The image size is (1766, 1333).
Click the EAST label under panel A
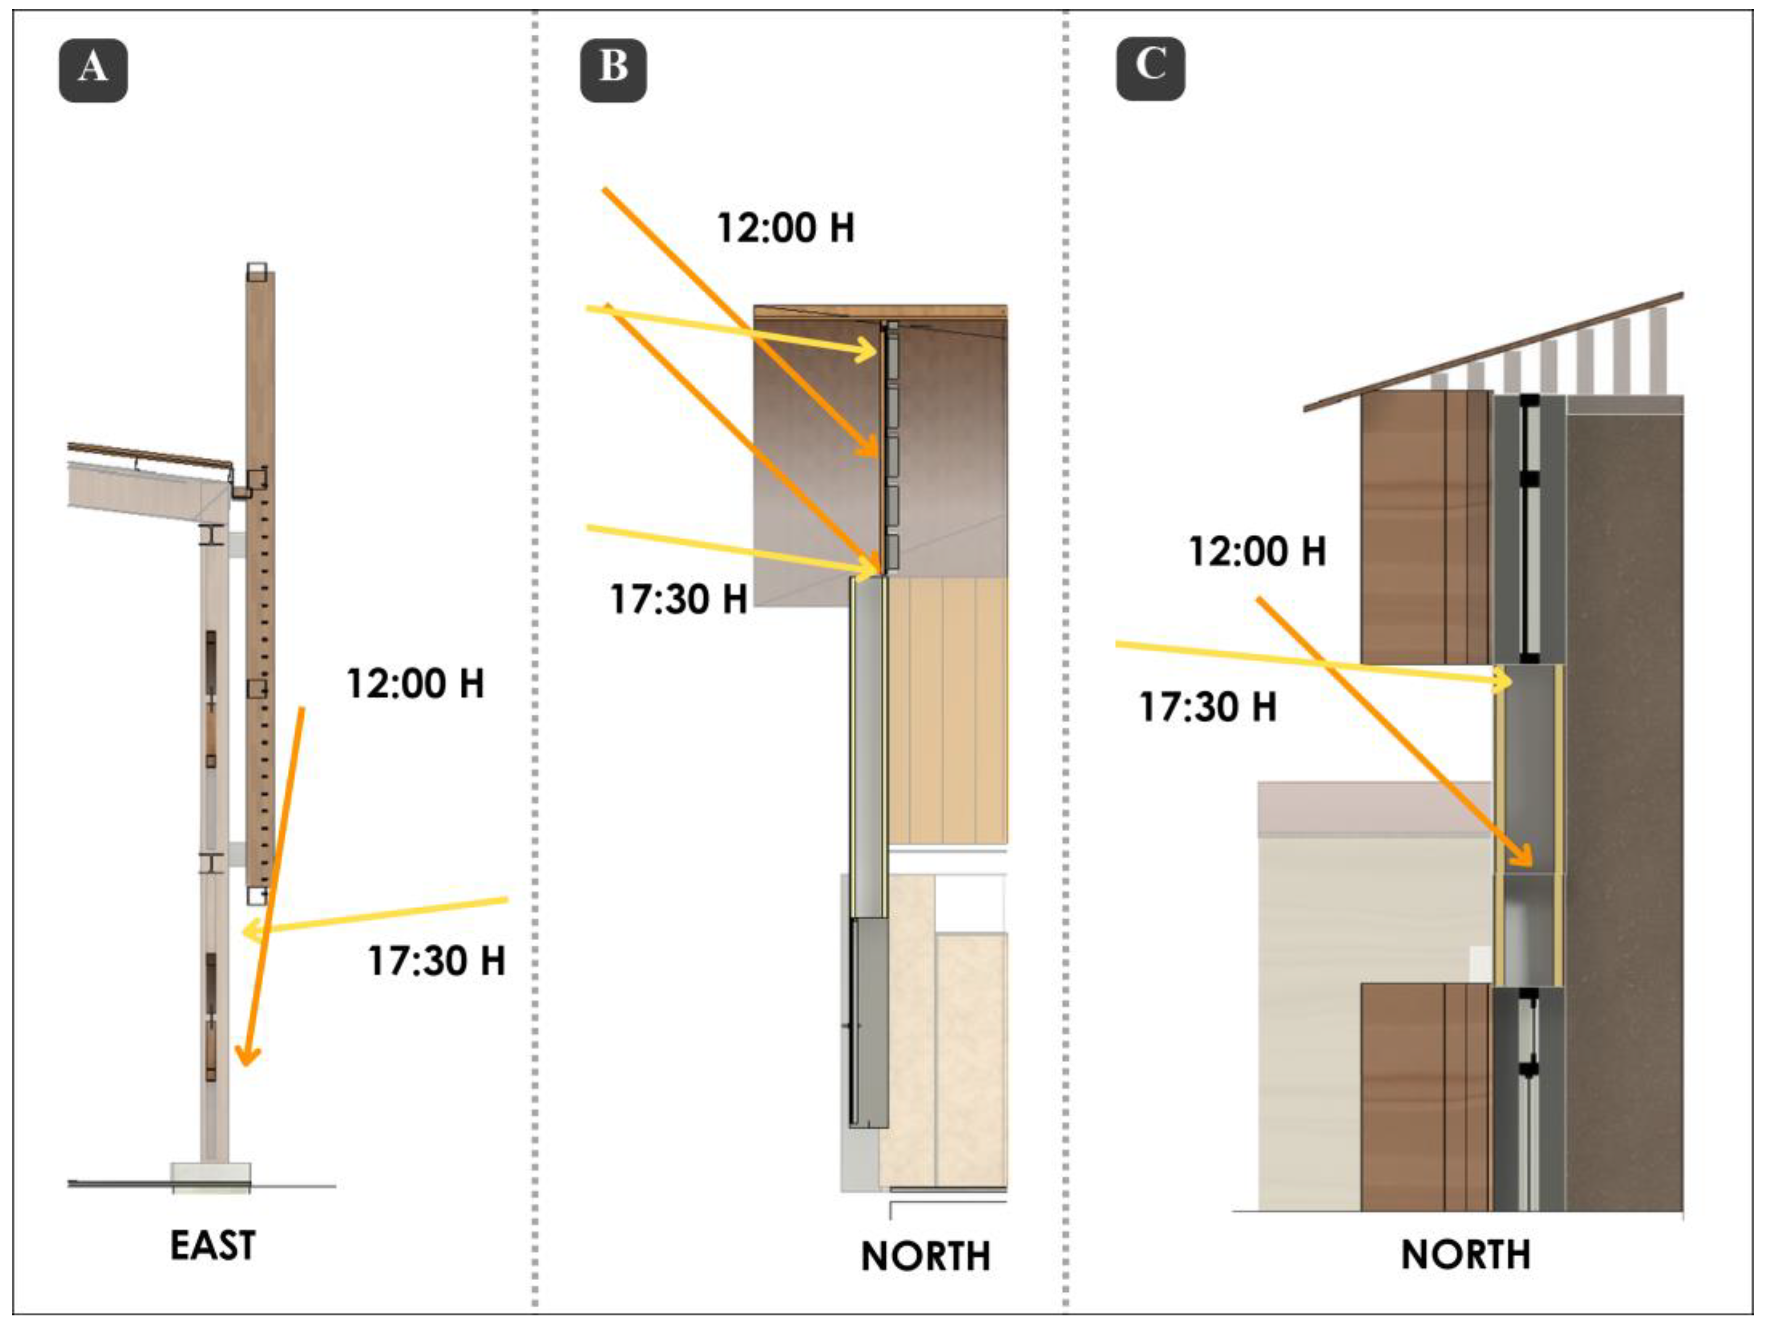point(212,1246)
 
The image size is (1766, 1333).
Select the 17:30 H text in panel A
point(437,960)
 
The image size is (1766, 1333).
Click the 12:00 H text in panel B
point(786,228)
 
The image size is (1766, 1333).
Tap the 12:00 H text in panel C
point(1257,551)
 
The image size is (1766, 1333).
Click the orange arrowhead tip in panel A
point(247,1064)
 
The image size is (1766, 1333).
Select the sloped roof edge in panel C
point(1493,351)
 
